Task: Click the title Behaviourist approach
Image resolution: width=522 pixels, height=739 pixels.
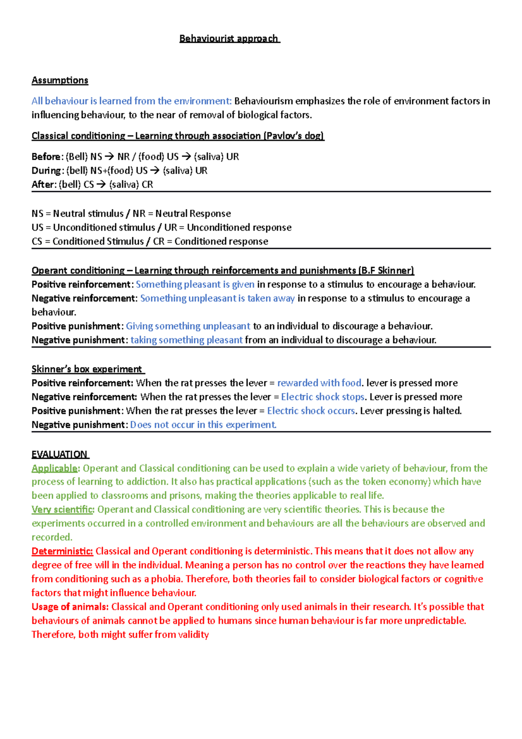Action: [229, 39]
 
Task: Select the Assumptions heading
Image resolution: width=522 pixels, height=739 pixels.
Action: [60, 81]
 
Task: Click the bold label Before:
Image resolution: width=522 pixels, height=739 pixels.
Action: [47, 157]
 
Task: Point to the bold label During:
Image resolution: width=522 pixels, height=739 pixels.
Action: [48, 171]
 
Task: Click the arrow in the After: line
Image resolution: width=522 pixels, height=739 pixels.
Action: [101, 185]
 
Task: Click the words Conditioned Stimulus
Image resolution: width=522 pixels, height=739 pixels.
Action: [98, 242]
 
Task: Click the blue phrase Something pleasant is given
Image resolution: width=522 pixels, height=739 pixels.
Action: [195, 285]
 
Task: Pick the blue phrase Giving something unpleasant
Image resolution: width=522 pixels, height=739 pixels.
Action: [188, 326]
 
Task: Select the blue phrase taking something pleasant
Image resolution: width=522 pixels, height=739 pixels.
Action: [186, 340]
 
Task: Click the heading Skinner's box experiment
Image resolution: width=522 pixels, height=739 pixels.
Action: [87, 369]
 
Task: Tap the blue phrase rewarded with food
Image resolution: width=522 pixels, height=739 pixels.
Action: [319, 383]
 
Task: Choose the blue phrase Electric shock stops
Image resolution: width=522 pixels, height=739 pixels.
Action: [322, 397]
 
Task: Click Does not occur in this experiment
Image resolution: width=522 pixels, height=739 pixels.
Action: [203, 425]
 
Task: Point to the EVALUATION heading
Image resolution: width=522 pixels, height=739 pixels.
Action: [60, 455]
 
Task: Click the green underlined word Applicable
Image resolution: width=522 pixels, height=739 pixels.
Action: [54, 469]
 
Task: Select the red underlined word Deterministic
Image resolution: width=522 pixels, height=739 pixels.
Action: [62, 551]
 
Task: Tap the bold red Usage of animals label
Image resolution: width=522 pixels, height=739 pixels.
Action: [70, 607]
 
